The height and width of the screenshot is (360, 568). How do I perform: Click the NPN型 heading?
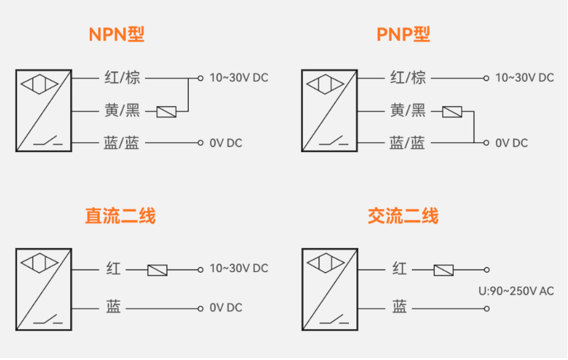tap(116, 34)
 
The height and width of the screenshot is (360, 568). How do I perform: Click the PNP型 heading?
tap(403, 34)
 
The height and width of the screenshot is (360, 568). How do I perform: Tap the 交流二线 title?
tap(403, 216)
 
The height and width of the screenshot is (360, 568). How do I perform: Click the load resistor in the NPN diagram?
tap(167, 111)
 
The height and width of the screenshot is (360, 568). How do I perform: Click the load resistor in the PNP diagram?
tap(452, 111)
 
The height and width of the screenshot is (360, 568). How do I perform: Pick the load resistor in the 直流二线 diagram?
tap(157, 270)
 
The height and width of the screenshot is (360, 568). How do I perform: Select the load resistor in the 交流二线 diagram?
tap(443, 270)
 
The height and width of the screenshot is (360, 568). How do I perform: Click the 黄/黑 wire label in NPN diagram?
tap(122, 111)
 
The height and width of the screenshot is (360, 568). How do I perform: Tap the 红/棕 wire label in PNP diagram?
tap(407, 78)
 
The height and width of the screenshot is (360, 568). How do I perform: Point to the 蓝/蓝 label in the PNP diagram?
tap(407, 143)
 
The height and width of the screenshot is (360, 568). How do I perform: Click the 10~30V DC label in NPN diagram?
tap(239, 78)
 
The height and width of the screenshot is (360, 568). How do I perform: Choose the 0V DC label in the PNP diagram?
tap(512, 143)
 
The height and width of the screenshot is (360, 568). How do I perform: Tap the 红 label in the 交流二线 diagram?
tap(399, 269)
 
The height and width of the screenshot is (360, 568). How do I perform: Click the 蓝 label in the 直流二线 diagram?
tap(113, 307)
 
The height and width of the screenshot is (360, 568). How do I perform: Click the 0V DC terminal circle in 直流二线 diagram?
tap(201, 308)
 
